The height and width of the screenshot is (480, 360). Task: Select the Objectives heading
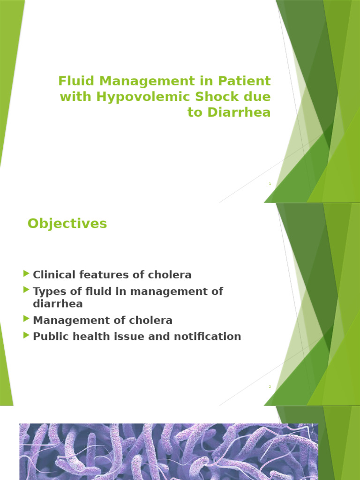(x=67, y=224)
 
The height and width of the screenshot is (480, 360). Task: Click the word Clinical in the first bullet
(x=52, y=275)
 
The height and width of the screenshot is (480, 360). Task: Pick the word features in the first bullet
(x=97, y=275)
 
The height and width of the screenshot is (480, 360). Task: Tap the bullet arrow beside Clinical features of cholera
(x=26, y=274)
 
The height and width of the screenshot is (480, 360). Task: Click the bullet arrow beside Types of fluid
(x=26, y=290)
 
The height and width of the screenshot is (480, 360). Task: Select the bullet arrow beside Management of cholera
(x=26, y=319)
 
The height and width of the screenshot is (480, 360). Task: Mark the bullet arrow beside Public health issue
(x=26, y=335)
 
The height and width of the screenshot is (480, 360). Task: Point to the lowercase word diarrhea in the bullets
(x=58, y=304)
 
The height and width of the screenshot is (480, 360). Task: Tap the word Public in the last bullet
(x=47, y=337)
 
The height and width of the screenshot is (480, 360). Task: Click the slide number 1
(x=270, y=184)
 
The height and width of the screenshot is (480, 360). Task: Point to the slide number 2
(x=270, y=387)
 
